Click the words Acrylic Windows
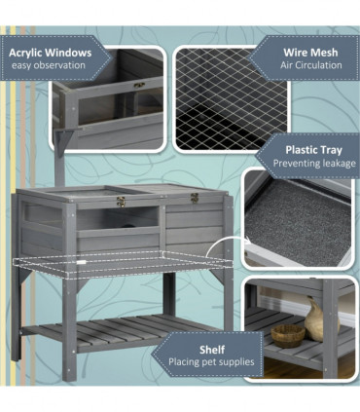coord(51,53)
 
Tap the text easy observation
coord(49,65)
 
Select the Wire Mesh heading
coord(310,53)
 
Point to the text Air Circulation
coord(311,65)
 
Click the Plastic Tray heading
coord(313,150)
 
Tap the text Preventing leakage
coord(314,163)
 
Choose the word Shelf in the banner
coord(212,350)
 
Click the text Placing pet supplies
coord(211,362)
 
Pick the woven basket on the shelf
coord(288,336)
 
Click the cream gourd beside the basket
coord(316,320)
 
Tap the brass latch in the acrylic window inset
coord(139,86)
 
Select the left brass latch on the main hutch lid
coord(121,202)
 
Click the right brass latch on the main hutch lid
coord(195,198)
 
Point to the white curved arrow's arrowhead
coord(248,241)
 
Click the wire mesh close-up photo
coord(232,99)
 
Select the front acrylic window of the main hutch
coord(118,218)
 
